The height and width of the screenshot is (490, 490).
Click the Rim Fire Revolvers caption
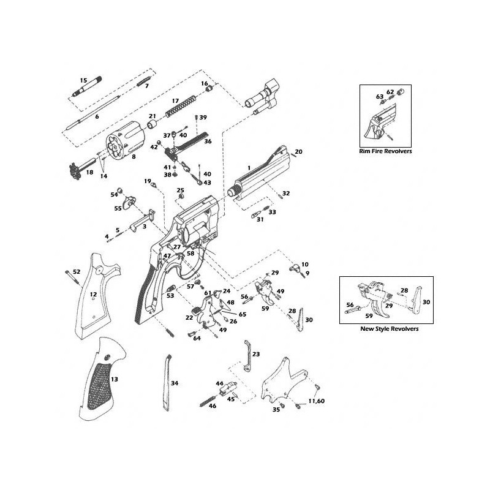(385, 151)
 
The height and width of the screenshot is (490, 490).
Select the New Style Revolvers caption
(390, 329)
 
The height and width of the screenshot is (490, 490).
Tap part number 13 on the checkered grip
(115, 379)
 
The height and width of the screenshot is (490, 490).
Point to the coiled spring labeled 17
(181, 107)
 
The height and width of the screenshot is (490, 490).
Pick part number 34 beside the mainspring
(175, 383)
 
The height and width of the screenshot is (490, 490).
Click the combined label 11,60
(317, 401)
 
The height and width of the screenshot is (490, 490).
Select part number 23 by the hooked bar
(256, 354)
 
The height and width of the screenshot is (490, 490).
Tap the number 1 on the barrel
(249, 168)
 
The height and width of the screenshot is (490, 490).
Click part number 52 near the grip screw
(77, 271)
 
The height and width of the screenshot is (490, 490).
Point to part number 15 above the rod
(83, 80)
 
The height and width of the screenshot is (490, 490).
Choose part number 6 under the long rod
(97, 116)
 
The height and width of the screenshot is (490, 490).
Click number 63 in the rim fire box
(380, 97)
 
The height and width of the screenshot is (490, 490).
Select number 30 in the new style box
(426, 302)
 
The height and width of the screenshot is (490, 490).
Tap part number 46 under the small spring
(213, 405)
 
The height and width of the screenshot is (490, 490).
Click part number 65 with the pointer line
(243, 314)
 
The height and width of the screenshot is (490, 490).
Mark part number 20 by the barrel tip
(299, 151)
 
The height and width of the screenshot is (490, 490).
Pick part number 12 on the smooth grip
(94, 295)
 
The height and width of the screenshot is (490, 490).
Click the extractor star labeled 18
(82, 170)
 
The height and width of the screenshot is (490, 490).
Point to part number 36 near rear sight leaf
(208, 141)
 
